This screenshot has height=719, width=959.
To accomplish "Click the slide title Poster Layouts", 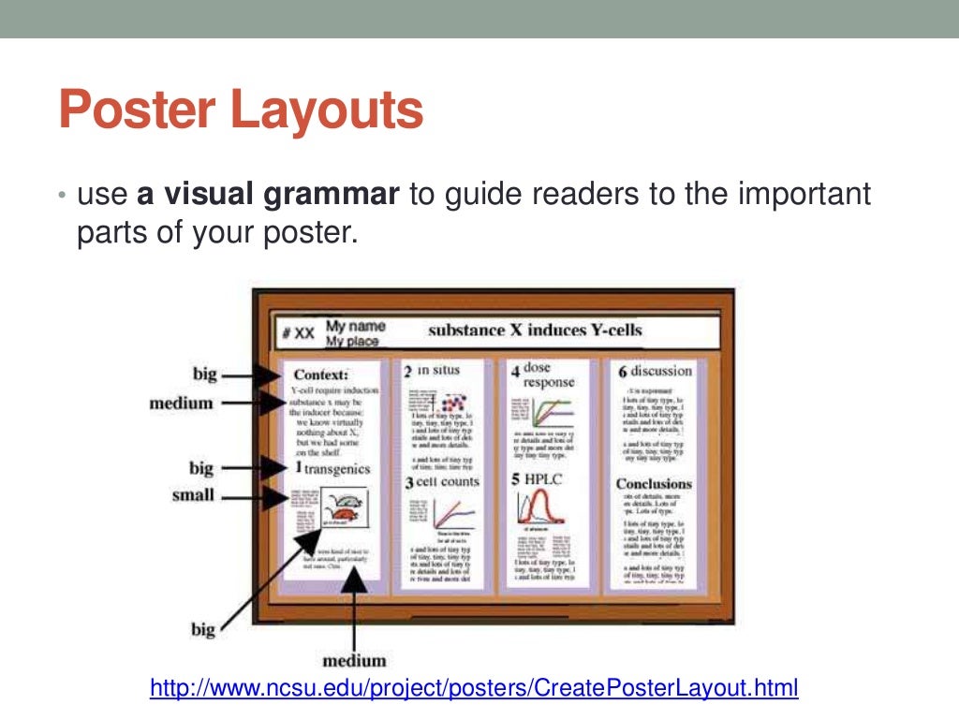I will (x=241, y=110).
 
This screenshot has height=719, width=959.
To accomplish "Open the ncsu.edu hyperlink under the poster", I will (x=474, y=689).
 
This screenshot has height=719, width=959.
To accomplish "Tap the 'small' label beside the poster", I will (x=193, y=495).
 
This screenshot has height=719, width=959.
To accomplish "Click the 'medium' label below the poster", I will (x=354, y=659).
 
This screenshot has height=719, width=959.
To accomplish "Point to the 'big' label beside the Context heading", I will (x=204, y=374).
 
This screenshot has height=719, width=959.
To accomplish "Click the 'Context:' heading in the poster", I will (x=320, y=374).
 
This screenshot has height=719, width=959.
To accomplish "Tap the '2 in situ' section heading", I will (x=432, y=371).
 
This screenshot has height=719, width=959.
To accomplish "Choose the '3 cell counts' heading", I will (x=441, y=482).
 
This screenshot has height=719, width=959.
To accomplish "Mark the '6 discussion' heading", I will (x=655, y=371).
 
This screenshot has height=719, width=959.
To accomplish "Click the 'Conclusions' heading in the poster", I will (x=653, y=484).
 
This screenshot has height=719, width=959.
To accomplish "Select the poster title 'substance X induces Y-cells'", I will (x=535, y=330).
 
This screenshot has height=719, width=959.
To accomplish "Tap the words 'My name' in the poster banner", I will (x=355, y=327).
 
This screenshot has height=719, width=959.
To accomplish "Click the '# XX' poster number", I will (x=298, y=332).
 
